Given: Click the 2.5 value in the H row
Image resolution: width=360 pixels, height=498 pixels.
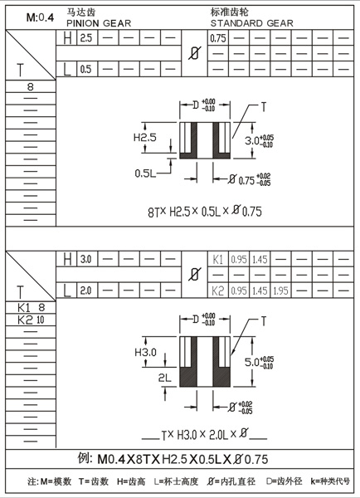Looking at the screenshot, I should [x=85, y=38].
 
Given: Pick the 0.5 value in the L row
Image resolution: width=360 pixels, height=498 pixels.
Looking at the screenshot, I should [x=85, y=70].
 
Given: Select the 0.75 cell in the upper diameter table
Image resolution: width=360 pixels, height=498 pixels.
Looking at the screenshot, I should [x=218, y=38].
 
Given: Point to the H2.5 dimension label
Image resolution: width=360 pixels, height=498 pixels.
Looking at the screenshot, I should [x=145, y=137].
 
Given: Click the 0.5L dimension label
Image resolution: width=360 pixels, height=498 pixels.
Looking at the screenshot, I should [x=147, y=173].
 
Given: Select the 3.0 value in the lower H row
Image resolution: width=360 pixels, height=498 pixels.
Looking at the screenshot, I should [x=85, y=259].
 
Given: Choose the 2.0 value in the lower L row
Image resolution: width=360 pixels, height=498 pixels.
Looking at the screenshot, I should [x=85, y=290].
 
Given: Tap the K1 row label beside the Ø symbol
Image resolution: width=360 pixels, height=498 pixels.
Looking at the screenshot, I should [x=218, y=259].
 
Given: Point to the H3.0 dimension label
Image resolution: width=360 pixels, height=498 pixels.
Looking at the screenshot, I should [x=145, y=354].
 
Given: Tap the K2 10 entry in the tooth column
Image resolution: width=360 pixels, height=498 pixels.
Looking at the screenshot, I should [x=31, y=320].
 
